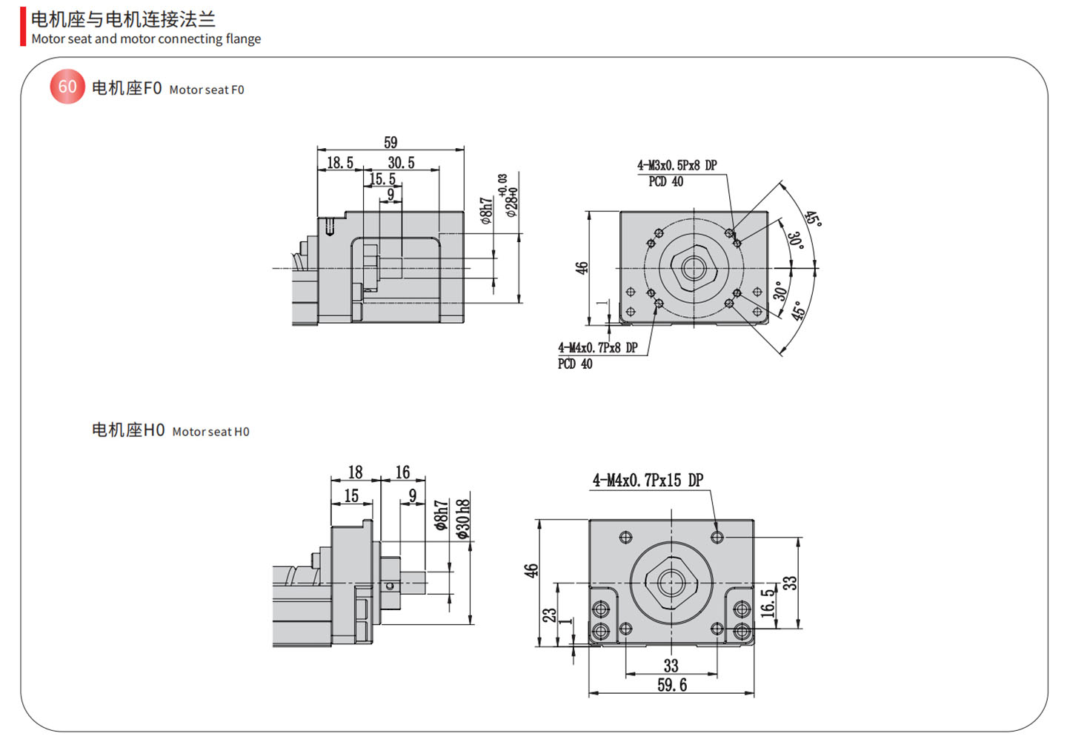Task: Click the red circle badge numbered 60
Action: click(x=67, y=87)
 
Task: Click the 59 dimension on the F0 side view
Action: click(x=390, y=142)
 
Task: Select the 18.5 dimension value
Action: click(x=340, y=162)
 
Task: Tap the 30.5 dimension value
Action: click(x=401, y=162)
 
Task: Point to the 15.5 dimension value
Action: click(x=382, y=178)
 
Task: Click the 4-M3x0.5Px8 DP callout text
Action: click(x=677, y=165)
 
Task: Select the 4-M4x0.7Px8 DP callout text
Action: click(x=597, y=347)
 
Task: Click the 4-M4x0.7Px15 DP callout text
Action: click(x=648, y=481)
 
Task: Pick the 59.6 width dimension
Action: click(x=671, y=685)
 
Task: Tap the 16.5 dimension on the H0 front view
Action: click(x=768, y=601)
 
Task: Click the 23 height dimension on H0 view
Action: click(x=549, y=615)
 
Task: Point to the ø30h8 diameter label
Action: click(x=463, y=518)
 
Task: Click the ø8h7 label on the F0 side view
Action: click(x=485, y=210)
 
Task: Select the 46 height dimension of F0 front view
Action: click(x=582, y=268)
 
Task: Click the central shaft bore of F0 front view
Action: click(x=694, y=268)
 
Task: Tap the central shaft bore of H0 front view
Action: click(x=671, y=583)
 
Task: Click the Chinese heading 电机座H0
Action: click(x=128, y=430)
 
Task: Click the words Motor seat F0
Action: click(x=207, y=90)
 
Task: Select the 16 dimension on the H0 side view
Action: click(x=402, y=472)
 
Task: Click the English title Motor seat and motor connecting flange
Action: click(x=146, y=39)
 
